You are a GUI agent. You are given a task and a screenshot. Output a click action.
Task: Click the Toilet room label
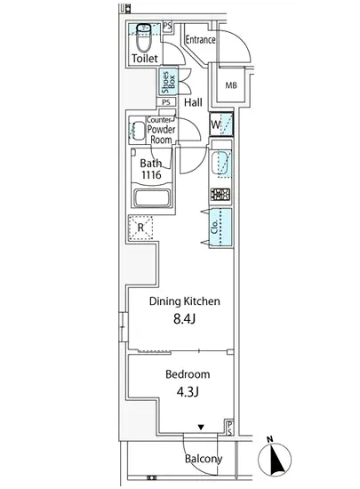[145, 59]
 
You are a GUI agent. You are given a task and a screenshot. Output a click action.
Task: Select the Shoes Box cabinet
[169, 82]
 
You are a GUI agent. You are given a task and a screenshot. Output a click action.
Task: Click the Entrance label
[200, 40]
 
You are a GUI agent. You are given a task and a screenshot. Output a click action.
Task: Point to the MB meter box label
[231, 85]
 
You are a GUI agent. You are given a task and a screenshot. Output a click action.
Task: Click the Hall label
[193, 102]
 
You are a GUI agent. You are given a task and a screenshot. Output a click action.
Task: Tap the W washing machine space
[221, 124]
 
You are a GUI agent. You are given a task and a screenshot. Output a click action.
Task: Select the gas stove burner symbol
[220, 195]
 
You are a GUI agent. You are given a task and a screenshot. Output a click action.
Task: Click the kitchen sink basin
[221, 164]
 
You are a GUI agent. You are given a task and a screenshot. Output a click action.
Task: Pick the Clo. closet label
[215, 227]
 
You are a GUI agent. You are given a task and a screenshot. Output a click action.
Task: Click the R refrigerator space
[140, 228]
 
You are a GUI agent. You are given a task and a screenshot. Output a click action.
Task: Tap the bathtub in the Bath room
[152, 197]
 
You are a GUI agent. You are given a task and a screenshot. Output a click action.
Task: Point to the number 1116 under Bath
[151, 174]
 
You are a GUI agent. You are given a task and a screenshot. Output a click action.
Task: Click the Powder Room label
[161, 134]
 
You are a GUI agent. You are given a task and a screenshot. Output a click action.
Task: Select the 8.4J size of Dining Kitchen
[185, 318]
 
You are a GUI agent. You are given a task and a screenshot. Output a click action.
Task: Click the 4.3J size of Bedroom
[188, 392]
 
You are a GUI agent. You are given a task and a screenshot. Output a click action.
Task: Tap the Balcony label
[204, 459]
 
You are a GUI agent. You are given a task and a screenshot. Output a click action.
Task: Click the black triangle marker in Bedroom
[201, 427]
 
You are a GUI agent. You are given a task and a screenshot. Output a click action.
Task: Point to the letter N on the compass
[270, 439]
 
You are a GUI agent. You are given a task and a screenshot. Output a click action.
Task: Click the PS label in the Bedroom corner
[229, 428]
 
